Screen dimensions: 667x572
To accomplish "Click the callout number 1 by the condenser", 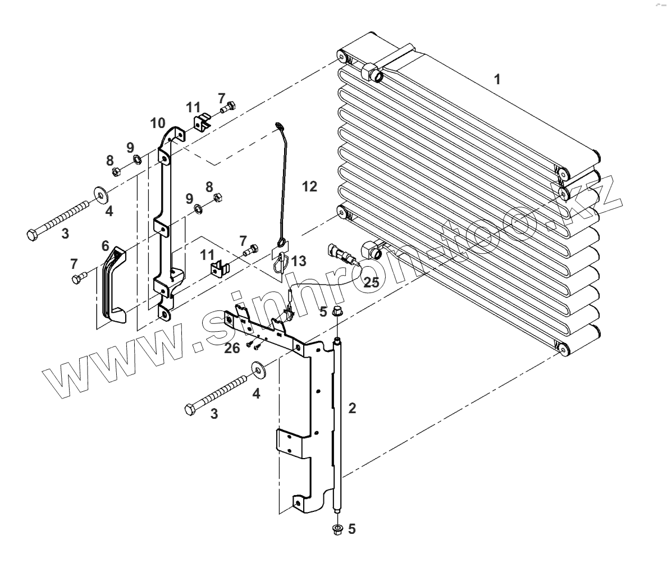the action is pos(496,79).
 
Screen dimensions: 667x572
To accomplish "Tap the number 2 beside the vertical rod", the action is pos(352,408).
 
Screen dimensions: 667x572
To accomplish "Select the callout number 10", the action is pos(157,123).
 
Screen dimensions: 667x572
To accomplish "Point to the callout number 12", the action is pos(309,186).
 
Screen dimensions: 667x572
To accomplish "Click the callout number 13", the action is pos(299,260).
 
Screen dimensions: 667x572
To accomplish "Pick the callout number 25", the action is pos(371,282).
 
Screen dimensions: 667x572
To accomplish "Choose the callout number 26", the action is pos(232,348).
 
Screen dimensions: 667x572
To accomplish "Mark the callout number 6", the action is pos(105,246).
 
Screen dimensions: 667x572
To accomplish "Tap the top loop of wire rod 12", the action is pos(279,125).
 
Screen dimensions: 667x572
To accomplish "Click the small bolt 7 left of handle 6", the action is pos(79,277).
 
